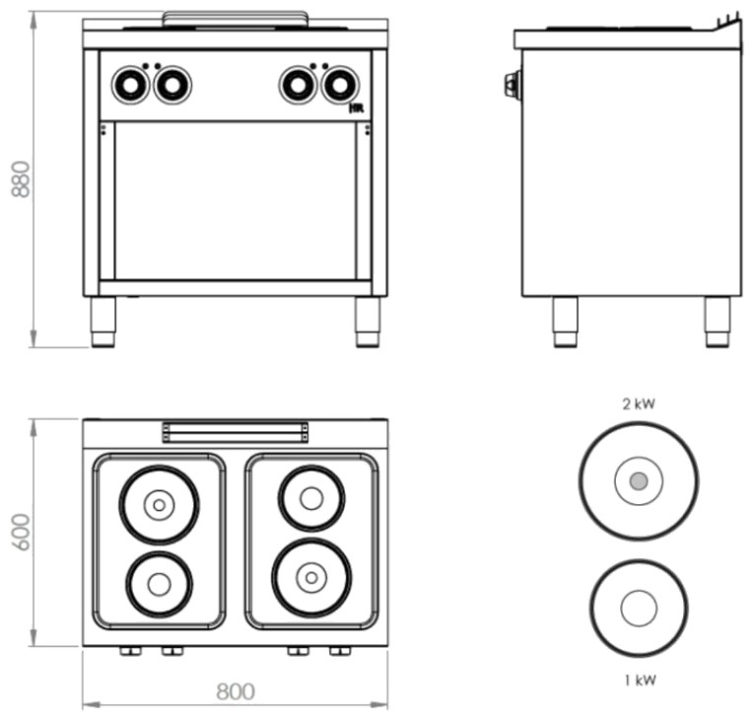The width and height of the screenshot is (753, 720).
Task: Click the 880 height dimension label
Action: click(x=21, y=180)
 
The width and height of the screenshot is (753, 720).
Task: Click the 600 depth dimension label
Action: click(x=21, y=532)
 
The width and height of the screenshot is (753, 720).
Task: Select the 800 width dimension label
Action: click(x=236, y=691)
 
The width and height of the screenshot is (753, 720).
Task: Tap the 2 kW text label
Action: click(x=639, y=404)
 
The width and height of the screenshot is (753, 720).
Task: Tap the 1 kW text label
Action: click(x=640, y=681)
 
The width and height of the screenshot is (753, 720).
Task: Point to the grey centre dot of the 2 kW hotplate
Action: click(x=639, y=480)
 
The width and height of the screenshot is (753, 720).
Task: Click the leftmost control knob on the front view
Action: click(x=130, y=85)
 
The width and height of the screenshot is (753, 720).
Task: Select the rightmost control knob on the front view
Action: click(x=340, y=85)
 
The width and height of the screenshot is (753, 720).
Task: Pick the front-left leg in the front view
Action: click(x=103, y=322)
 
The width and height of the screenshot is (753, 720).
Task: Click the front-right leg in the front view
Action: click(x=368, y=322)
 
